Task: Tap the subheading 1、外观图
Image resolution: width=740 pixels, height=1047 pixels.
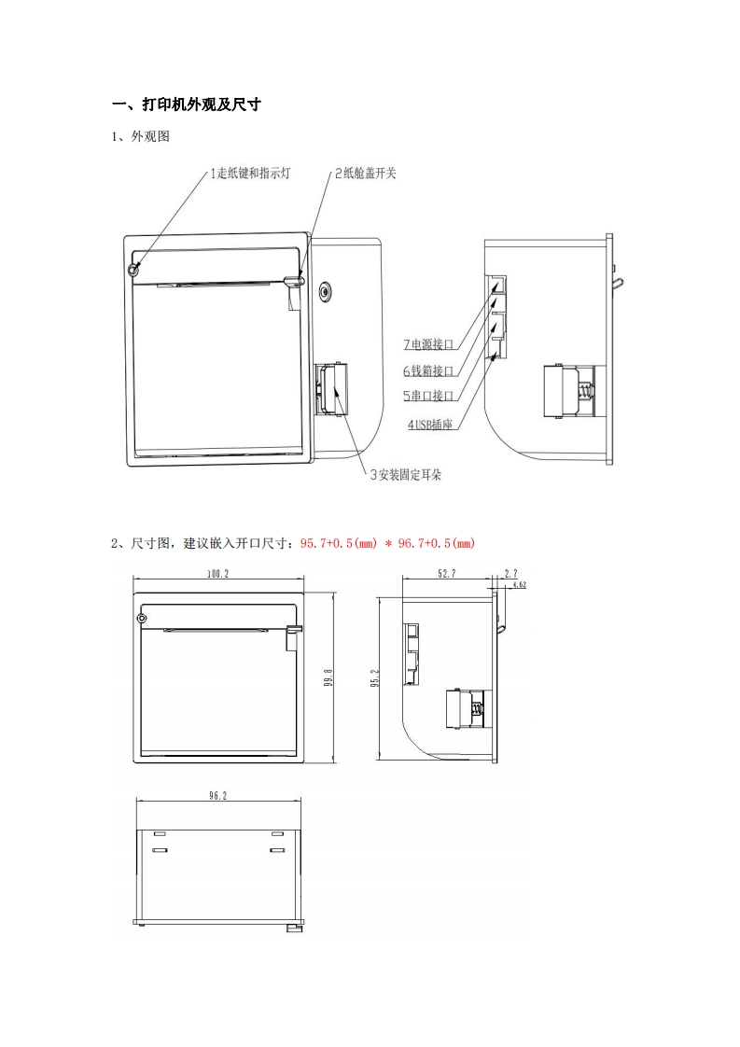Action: [141, 137]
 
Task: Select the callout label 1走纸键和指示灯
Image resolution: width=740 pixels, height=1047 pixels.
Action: [249, 174]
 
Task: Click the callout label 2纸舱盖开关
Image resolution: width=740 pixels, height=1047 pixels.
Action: [365, 174]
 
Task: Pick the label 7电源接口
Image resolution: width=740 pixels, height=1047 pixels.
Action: [428, 344]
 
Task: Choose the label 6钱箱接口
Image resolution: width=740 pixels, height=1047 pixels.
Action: [428, 370]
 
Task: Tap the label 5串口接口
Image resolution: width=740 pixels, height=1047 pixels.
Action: [428, 396]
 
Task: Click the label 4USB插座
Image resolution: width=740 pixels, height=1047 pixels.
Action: [430, 425]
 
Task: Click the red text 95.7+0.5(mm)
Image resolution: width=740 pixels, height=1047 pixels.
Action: [340, 543]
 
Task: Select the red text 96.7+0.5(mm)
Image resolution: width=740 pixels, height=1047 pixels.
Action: [437, 543]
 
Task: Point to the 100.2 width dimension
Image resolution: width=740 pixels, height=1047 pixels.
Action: [218, 574]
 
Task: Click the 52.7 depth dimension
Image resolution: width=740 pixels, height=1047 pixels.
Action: [446, 574]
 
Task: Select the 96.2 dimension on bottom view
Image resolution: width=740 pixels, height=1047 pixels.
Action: [218, 796]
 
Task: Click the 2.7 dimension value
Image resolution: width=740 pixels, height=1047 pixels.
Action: [510, 573]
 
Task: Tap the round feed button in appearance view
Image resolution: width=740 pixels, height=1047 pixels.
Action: [133, 270]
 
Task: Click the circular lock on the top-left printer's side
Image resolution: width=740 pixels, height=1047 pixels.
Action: [324, 290]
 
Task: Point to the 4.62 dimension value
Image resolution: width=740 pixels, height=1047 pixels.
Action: [520, 585]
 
